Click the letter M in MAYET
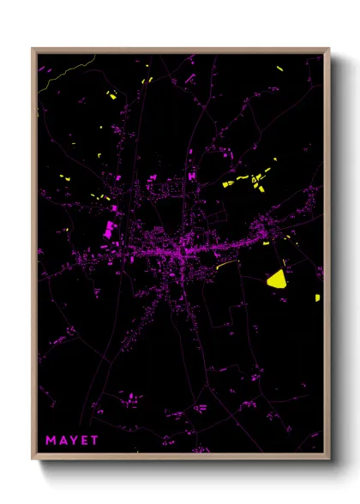pyautogui.click(x=50, y=441)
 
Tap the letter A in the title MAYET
pyautogui.click(x=63, y=441)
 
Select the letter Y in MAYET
pyautogui.click(x=74, y=441)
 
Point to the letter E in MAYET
pyautogui.click(x=85, y=441)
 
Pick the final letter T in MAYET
pyautogui.click(x=95, y=441)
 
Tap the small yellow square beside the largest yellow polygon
pyautogui.click(x=317, y=298)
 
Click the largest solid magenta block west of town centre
pyautogui.click(x=110, y=229)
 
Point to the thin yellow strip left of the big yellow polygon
pyautogui.click(x=225, y=265)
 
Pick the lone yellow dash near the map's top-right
pyautogui.click(x=279, y=67)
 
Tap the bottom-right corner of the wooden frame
pyautogui.click(x=329, y=459)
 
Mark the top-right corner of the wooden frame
pyautogui.click(x=329, y=49)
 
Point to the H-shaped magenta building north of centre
pyautogui.click(x=191, y=176)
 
